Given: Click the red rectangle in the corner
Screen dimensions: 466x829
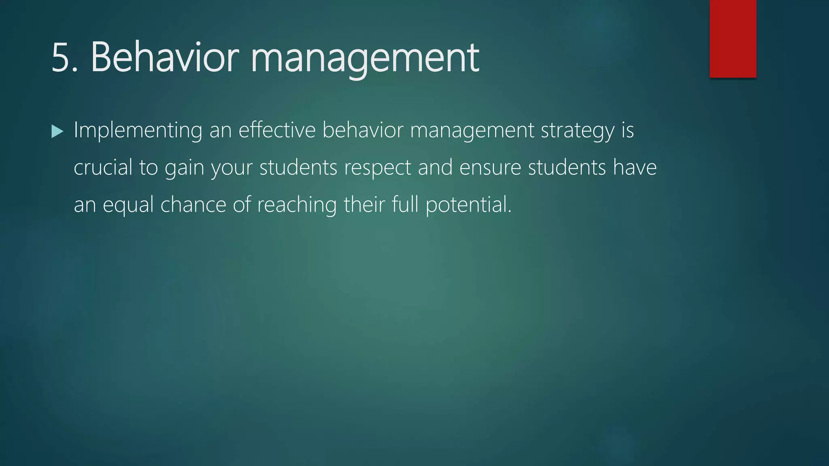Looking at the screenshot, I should (733, 38).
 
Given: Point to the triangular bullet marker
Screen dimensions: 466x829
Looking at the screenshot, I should (57, 131).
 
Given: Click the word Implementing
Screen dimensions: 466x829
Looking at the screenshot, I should (138, 131).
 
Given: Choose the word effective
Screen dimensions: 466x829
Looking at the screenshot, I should (277, 130).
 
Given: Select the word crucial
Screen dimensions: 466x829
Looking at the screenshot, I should (103, 167).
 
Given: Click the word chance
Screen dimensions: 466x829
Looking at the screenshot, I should (193, 205).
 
